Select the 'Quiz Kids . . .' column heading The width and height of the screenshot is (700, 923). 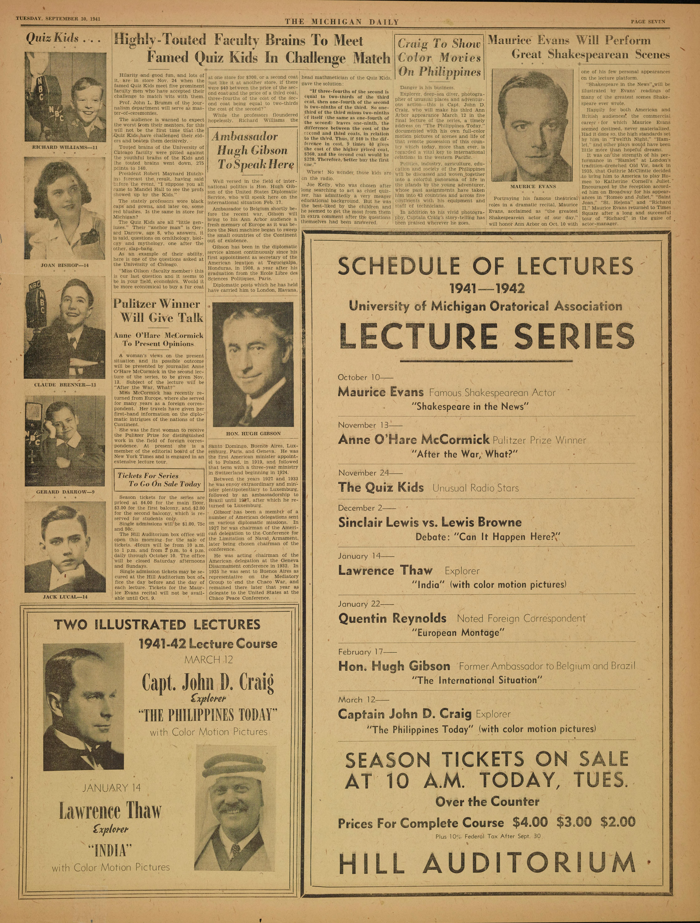[x=63, y=39]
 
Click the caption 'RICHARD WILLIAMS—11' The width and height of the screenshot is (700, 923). [x=65, y=147]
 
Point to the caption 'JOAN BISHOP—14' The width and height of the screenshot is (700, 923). [x=65, y=265]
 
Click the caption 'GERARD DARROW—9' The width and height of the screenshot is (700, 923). [x=65, y=492]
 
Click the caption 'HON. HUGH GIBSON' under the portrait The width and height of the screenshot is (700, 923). [x=253, y=433]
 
